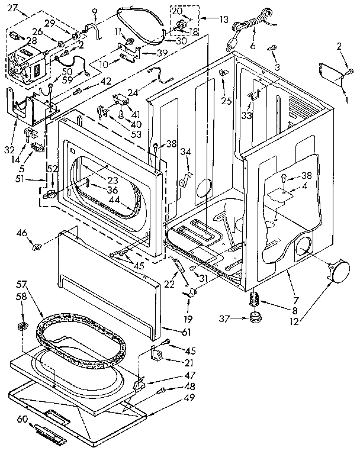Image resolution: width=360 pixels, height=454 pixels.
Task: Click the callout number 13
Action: point(223,19)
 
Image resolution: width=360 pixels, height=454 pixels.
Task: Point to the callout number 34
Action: point(185,152)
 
